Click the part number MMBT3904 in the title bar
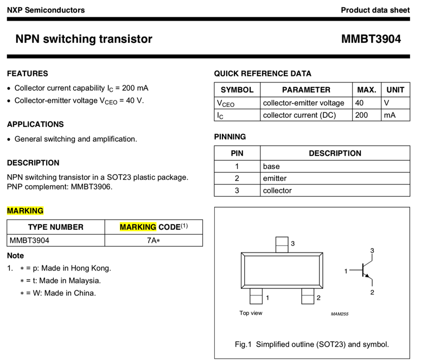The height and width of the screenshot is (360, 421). (x=371, y=39)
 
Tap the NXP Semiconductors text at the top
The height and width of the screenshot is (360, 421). (x=46, y=10)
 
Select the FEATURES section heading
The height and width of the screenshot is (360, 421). (x=28, y=73)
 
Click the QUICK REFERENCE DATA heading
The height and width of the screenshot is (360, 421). (x=263, y=73)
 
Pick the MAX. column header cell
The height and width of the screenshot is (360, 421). (x=366, y=90)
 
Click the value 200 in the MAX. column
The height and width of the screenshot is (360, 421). (x=361, y=115)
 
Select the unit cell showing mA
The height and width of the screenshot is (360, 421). (x=390, y=115)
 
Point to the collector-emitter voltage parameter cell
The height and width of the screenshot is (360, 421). (x=303, y=103)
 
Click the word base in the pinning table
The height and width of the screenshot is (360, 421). (x=271, y=166)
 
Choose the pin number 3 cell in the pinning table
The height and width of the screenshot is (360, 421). (x=237, y=191)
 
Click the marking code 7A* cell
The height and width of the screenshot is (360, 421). (x=154, y=240)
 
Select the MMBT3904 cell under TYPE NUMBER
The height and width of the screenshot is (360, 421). (x=29, y=240)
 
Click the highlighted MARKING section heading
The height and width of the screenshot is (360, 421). (x=25, y=211)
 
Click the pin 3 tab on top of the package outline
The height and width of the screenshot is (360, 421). (x=282, y=245)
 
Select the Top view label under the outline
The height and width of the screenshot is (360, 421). (x=251, y=313)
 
